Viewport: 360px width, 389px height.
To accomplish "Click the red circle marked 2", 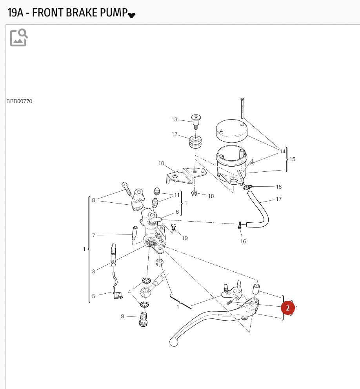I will point(288,308).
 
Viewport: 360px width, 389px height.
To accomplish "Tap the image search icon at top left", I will point(19,38).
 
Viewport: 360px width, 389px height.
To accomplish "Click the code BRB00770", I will point(20,101).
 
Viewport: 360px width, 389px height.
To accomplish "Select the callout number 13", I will point(175,120).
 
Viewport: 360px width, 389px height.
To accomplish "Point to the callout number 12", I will point(175,135).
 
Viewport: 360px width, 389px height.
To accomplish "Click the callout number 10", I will point(161,163).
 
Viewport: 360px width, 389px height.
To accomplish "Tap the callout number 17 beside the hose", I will point(278,199).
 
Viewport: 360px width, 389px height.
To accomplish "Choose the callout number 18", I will point(211,196).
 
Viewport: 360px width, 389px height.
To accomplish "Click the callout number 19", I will point(185,238).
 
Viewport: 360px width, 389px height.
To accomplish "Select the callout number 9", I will point(122,316).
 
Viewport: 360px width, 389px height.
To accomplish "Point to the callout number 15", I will point(292,159).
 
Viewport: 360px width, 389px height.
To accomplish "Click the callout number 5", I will point(93,296).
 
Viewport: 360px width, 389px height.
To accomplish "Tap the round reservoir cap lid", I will point(232,130).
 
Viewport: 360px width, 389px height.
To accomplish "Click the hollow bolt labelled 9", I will point(144,319).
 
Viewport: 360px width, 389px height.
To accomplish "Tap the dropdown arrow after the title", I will point(132,15).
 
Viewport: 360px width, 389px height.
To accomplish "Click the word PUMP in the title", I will point(113,13).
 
